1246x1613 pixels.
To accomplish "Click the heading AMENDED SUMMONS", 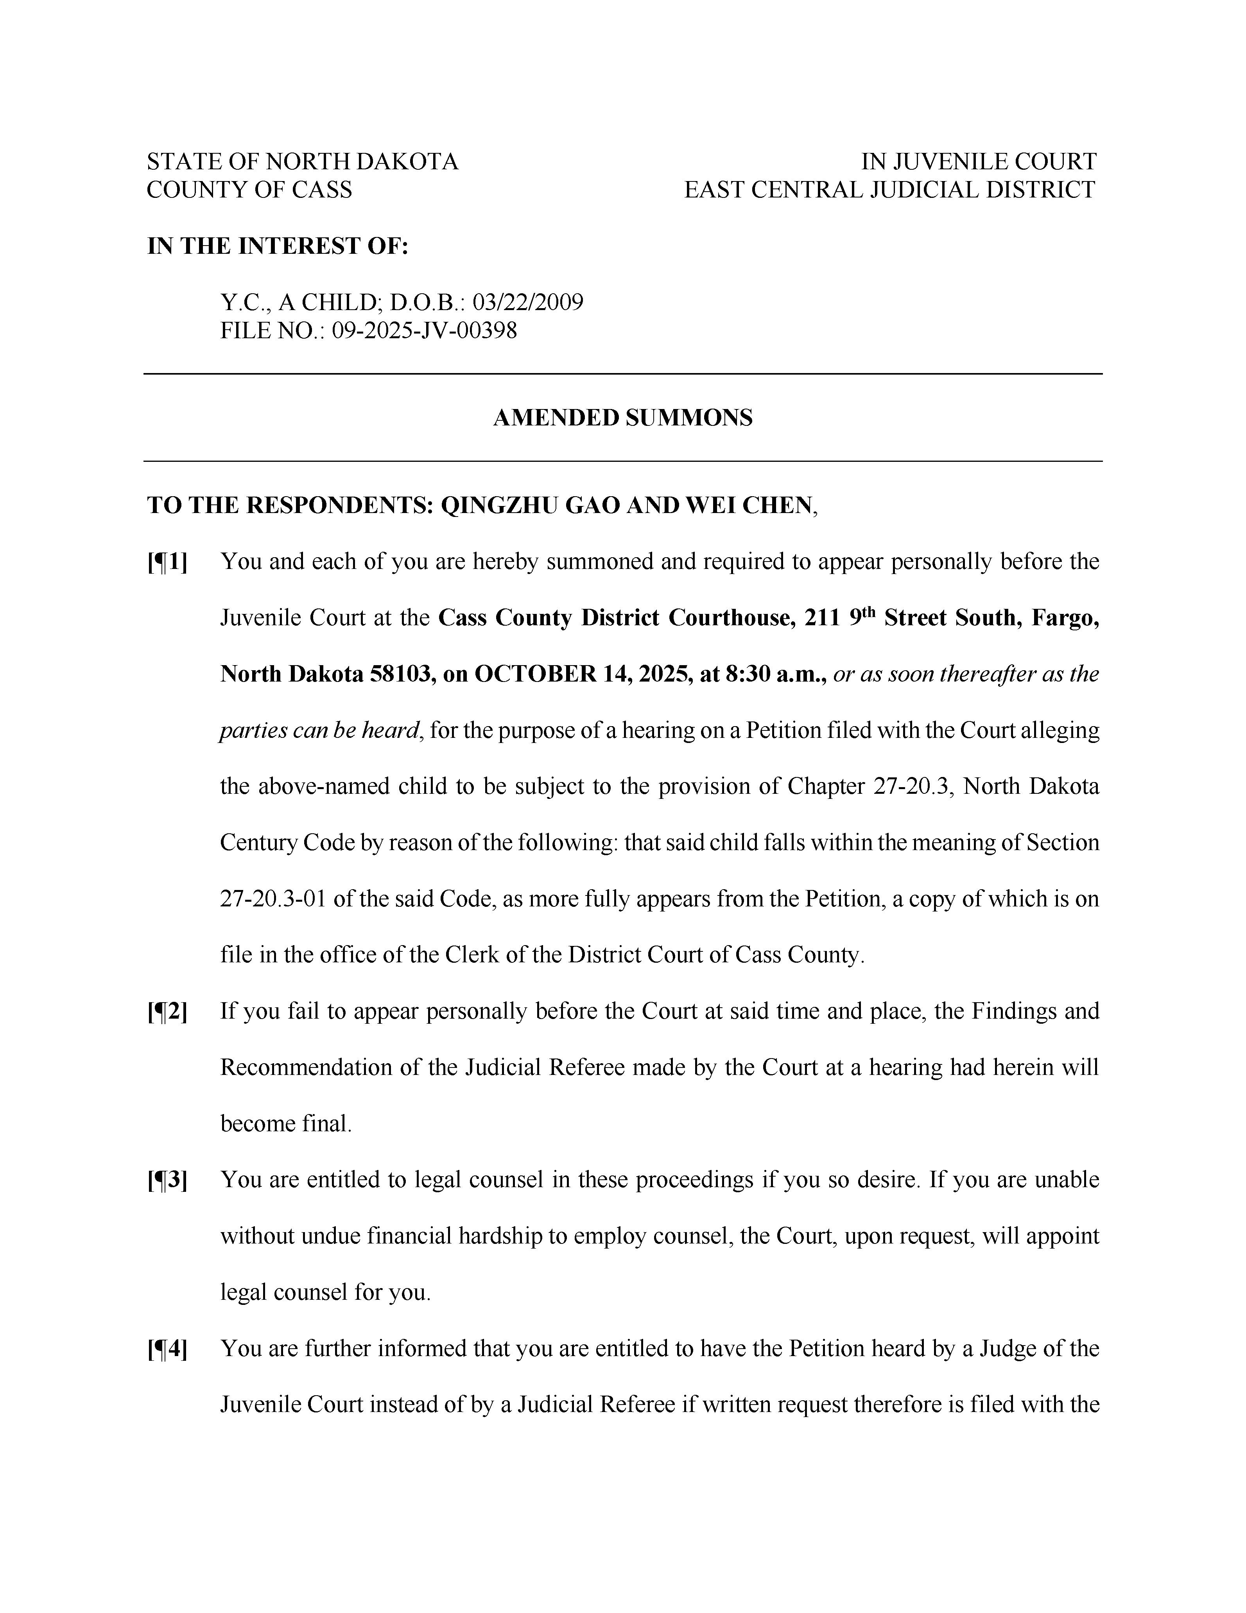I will [x=623, y=418].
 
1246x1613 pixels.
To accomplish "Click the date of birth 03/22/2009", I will [x=528, y=302].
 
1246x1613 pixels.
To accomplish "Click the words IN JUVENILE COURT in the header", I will [x=979, y=161].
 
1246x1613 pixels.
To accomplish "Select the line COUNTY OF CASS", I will [x=250, y=190].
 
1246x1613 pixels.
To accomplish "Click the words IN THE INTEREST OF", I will [x=278, y=246].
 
